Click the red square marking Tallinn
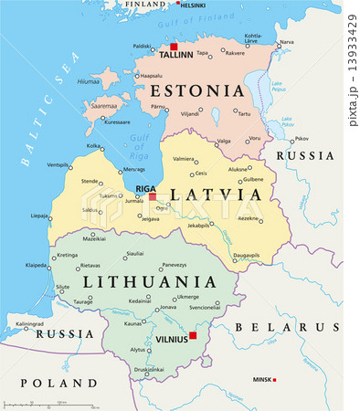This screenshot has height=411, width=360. point(172,46)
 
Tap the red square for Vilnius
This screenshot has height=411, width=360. point(193,335)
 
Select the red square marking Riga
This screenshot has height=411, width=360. point(153,196)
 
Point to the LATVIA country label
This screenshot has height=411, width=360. point(209,195)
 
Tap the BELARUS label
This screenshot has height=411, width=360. point(288,327)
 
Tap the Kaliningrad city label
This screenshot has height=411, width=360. point(28,323)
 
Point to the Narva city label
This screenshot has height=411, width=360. point(287,42)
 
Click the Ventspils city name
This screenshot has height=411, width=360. point(58,165)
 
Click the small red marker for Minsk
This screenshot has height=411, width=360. point(275,379)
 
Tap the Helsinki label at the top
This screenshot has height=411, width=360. point(193,5)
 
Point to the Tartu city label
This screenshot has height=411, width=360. point(243,114)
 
